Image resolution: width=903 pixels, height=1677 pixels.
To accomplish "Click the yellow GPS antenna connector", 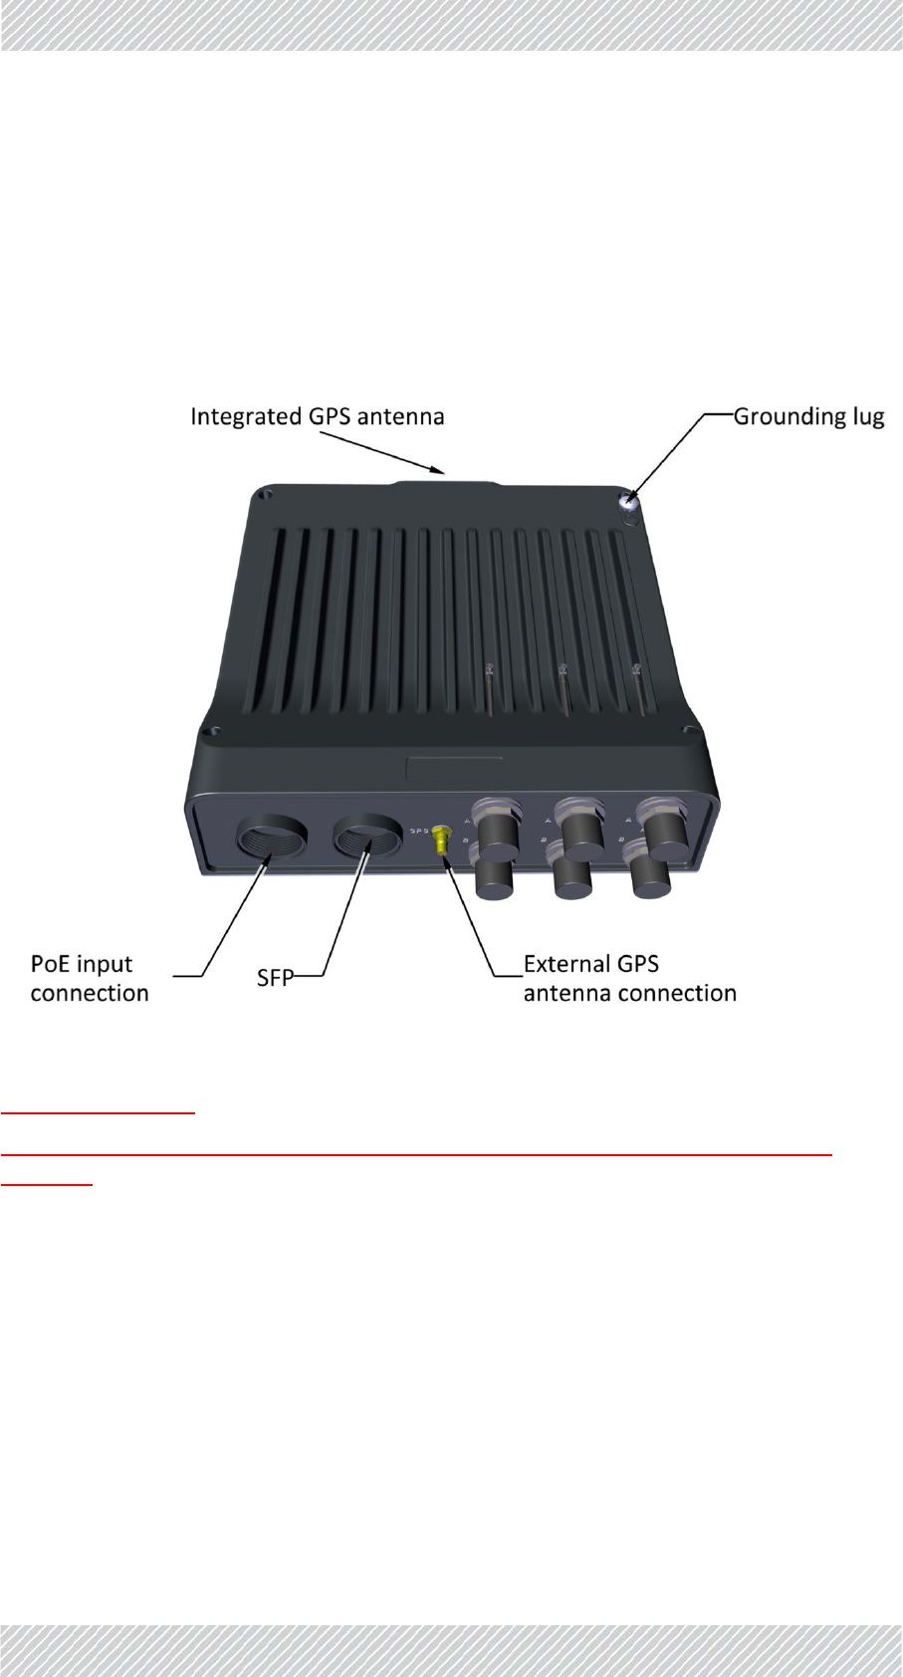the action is (439, 845).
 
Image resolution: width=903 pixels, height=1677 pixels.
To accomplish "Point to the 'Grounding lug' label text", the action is (808, 416).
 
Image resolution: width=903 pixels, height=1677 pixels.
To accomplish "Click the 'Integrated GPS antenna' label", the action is (317, 416).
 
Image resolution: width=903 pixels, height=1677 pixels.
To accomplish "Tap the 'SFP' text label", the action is (275, 978).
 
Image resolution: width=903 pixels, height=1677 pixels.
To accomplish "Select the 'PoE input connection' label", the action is (89, 978).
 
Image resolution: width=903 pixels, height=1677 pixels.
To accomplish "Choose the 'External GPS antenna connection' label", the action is (629, 978).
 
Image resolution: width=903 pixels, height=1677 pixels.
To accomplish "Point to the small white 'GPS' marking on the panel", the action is (419, 830).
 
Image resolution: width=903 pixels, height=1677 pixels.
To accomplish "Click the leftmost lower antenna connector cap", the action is (495, 878).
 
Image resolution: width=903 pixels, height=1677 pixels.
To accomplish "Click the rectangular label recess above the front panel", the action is (454, 769).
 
